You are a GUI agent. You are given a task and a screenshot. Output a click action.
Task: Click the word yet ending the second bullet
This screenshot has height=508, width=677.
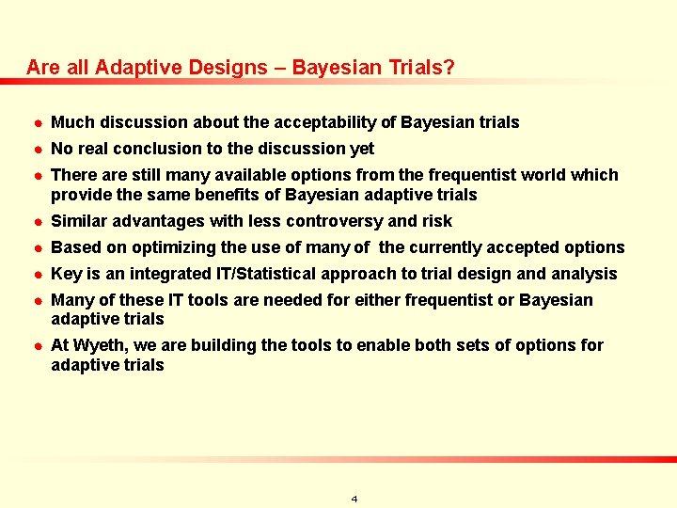coord(362,149)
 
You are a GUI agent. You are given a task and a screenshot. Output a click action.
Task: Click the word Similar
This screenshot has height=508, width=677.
coord(80,222)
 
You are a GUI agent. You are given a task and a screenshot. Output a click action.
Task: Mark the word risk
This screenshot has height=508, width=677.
coord(436,222)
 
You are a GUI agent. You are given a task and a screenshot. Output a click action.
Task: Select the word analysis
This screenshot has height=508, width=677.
coord(586,275)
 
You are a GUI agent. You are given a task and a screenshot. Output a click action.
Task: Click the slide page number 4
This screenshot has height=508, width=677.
coord(354,499)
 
